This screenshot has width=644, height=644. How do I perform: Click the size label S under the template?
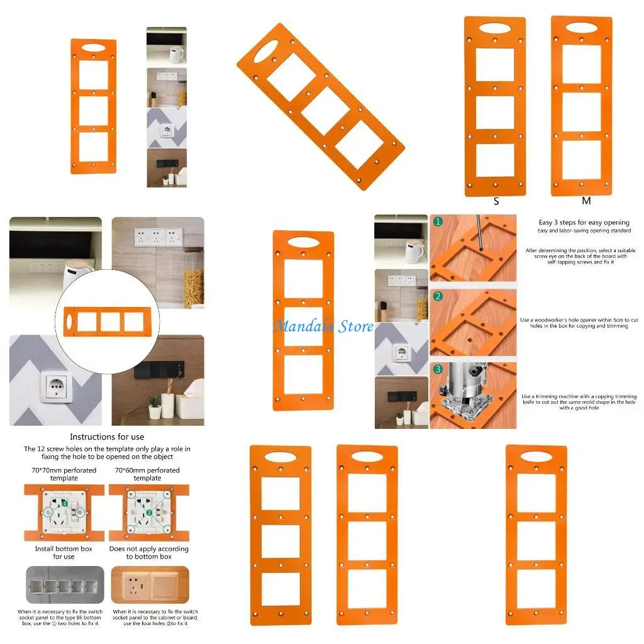point(496,202)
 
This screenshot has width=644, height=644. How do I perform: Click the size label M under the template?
point(586,201)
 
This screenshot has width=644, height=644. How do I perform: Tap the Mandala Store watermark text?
point(323,326)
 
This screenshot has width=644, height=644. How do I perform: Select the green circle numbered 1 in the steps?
point(438,222)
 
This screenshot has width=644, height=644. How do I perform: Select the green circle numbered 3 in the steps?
point(438,370)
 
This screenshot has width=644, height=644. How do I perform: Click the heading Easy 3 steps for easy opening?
point(584,222)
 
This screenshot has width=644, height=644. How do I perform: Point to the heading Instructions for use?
point(107,436)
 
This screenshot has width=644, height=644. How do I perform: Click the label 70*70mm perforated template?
point(64,474)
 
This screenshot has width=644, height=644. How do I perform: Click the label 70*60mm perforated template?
point(148,474)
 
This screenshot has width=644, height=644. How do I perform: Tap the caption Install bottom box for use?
point(64,553)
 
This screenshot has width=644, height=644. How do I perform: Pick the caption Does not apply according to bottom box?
point(148,553)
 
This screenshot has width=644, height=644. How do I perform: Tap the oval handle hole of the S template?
point(496,28)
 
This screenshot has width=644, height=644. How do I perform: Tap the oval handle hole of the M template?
point(582,28)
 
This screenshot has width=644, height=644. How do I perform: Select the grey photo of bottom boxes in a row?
point(64,585)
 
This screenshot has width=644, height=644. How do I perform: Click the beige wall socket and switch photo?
point(150,585)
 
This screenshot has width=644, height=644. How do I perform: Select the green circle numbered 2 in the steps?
point(438,296)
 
